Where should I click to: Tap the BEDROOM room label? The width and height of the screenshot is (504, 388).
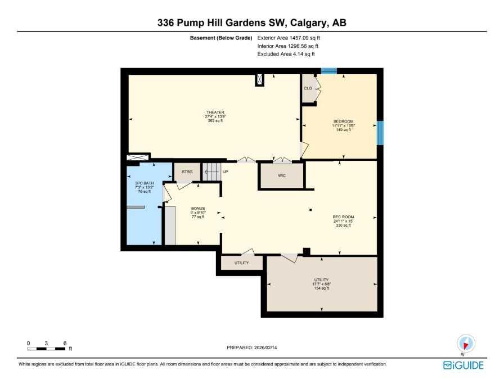[343, 122]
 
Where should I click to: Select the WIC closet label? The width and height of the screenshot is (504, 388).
[282, 175]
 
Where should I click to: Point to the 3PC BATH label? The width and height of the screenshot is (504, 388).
[144, 183]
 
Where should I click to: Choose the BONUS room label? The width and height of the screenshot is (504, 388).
[197, 208]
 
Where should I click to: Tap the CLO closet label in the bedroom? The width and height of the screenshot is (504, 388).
[308, 89]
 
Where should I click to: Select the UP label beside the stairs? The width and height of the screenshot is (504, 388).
[225, 171]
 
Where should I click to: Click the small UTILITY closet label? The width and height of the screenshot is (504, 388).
[241, 263]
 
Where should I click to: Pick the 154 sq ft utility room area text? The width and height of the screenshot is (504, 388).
[322, 288]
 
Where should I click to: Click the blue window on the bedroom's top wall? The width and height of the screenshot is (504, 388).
[329, 71]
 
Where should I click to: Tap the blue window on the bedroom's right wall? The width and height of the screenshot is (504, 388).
[380, 133]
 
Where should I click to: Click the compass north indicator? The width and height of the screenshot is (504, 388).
[466, 343]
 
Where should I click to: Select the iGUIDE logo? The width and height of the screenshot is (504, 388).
[463, 366]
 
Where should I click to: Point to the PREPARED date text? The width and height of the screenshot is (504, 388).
[251, 348]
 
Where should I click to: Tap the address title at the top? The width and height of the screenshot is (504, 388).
[251, 23]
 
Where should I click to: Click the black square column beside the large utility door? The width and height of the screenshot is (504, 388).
[307, 252]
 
